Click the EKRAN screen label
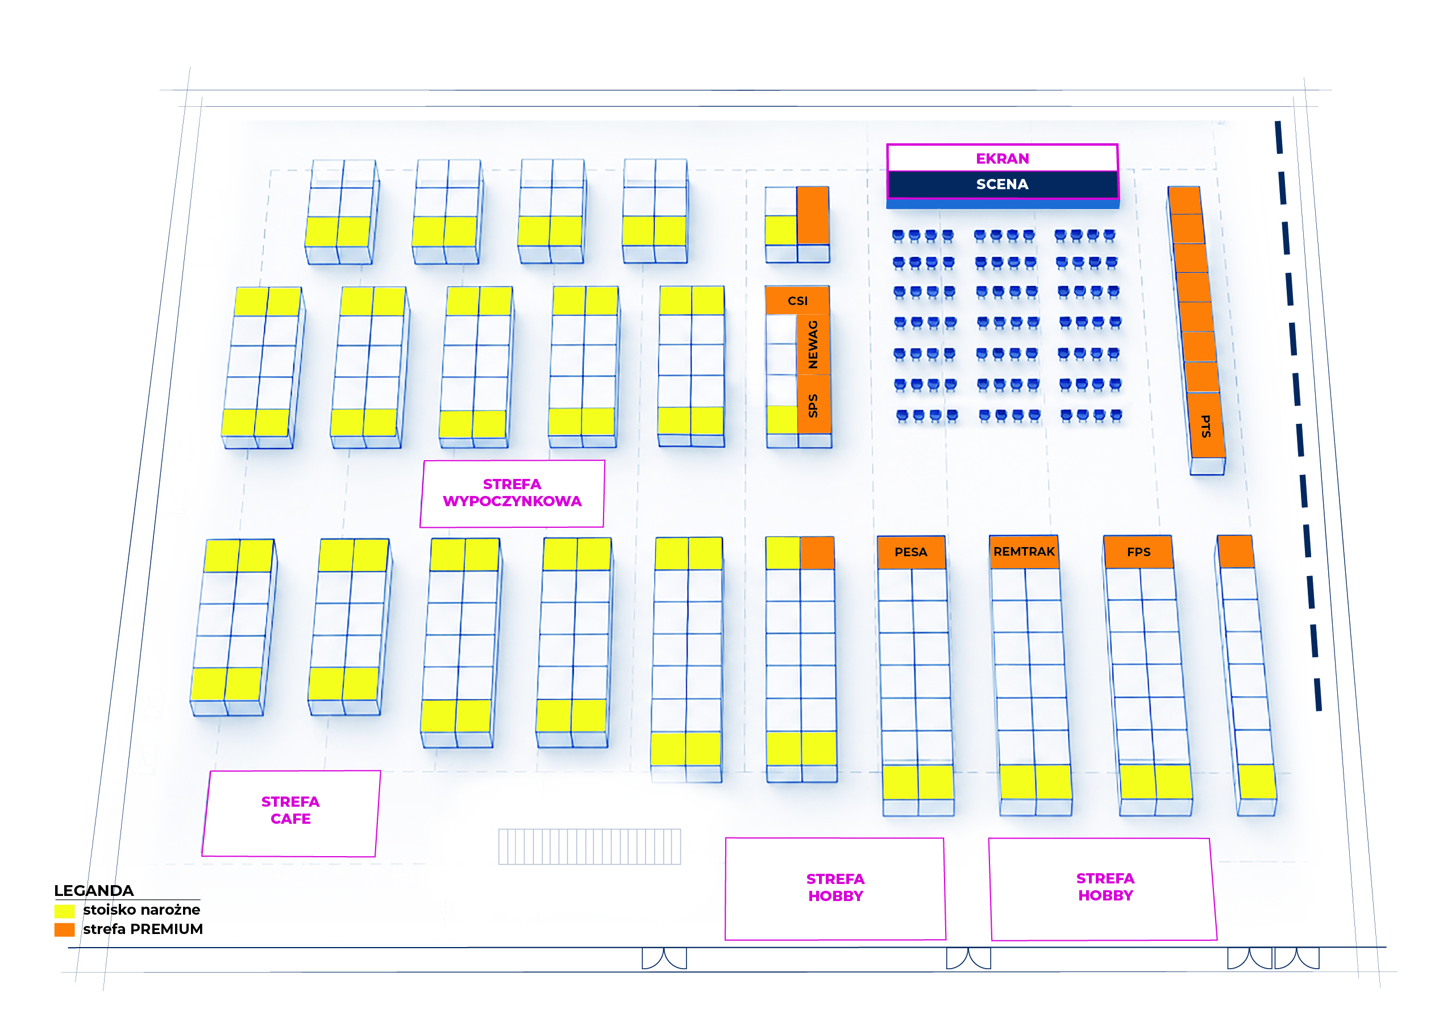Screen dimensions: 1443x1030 (1001, 159)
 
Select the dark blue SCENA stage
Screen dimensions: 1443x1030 (1001, 185)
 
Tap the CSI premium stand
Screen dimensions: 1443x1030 (797, 300)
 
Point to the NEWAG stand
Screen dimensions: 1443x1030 (813, 344)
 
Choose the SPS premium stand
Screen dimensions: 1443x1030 (814, 405)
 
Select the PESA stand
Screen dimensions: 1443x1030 (911, 552)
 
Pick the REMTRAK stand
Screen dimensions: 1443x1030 (1024, 552)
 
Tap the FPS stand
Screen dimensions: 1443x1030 (1138, 552)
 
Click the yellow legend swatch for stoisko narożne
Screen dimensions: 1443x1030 (65, 911)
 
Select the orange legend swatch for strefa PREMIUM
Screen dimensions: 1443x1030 (65, 930)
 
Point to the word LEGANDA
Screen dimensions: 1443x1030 (94, 890)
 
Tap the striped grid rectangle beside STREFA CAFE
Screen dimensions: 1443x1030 (589, 846)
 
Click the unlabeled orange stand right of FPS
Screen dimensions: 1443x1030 (1236, 552)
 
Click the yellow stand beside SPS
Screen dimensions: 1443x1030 (781, 420)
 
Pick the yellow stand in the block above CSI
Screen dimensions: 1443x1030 (781, 230)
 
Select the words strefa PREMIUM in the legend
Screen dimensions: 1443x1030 (143, 929)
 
